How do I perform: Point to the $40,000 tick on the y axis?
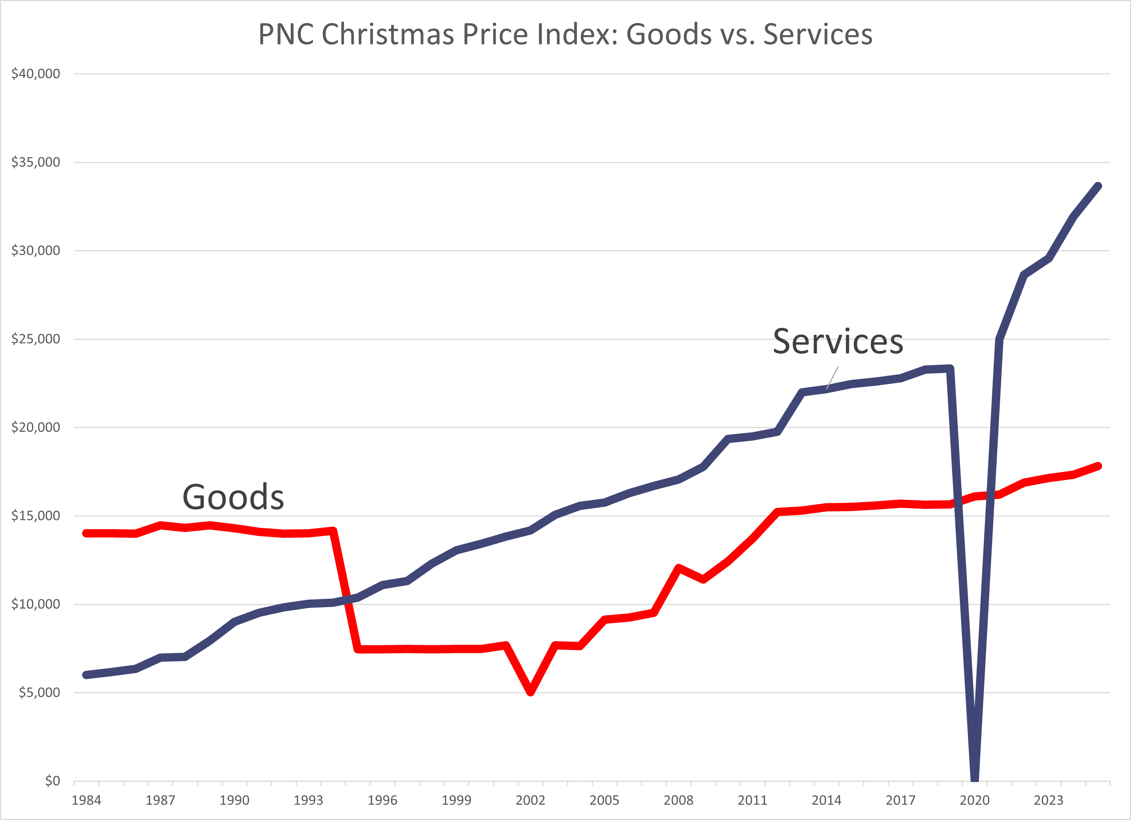(x=35, y=74)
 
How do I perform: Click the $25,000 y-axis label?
(x=35, y=339)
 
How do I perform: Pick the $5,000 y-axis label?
(x=39, y=692)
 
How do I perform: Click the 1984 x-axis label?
(x=86, y=800)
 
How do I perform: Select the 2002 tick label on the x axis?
(x=530, y=800)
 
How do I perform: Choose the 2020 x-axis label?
(x=974, y=800)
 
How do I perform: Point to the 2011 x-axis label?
(x=752, y=800)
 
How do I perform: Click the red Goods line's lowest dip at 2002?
(x=531, y=691)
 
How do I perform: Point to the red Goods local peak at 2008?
(x=678, y=568)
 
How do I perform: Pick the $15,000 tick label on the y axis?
(x=35, y=515)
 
